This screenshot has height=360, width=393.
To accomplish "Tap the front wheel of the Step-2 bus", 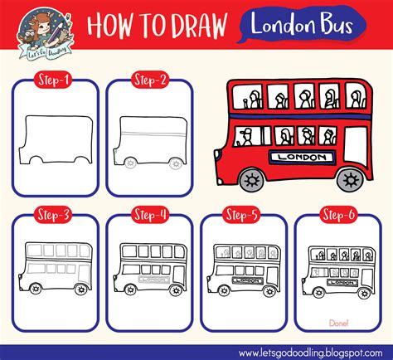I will [x=130, y=166].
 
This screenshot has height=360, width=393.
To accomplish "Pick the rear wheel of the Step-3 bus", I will [x=80, y=290].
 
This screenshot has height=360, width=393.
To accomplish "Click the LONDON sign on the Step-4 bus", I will [x=155, y=280].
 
